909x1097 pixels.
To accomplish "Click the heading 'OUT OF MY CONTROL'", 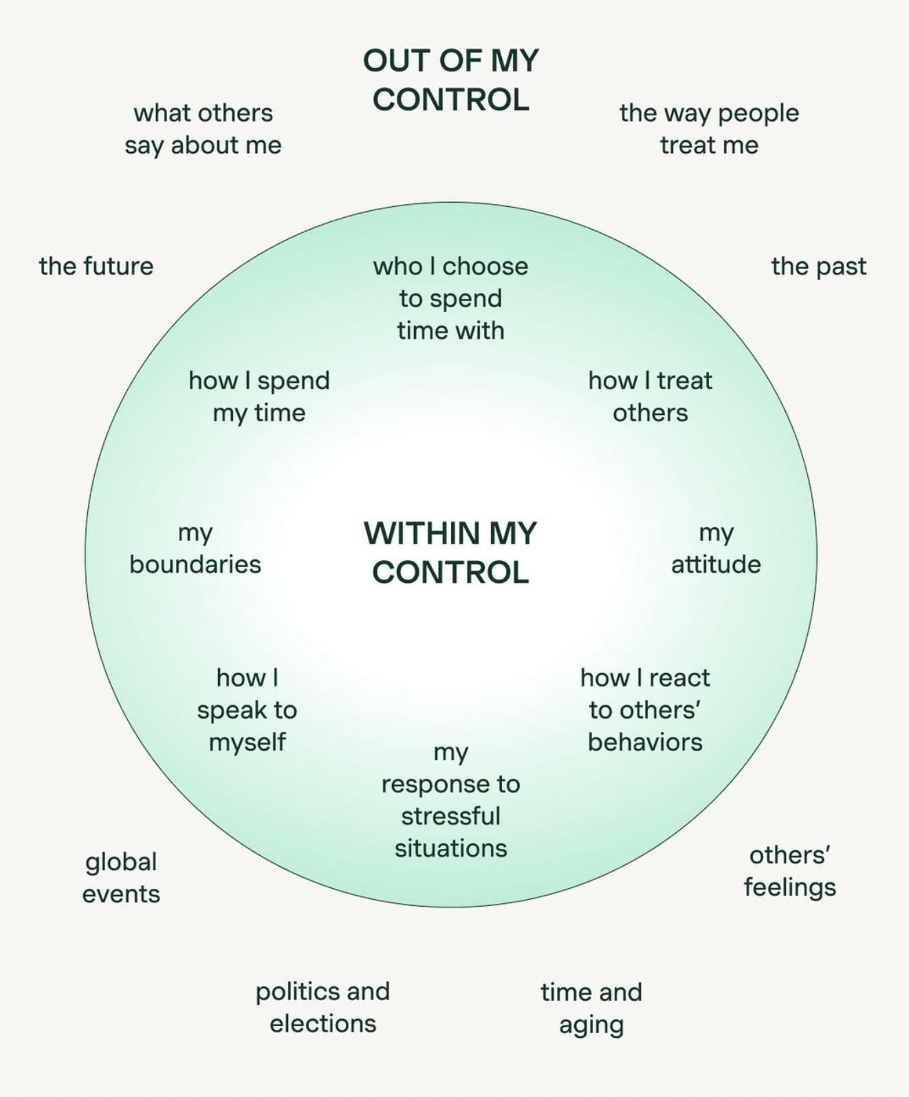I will tap(451, 80).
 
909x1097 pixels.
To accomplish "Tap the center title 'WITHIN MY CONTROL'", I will tap(450, 553).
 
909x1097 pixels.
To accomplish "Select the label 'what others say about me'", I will tap(203, 129).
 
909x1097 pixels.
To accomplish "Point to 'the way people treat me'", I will tap(709, 129).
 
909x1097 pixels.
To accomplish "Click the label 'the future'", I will tap(96, 266).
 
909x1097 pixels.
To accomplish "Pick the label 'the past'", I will tap(818, 266).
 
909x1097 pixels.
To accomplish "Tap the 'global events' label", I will tap(121, 878).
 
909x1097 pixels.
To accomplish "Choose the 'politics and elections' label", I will tap(322, 1007).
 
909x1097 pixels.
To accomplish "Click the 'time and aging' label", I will tap(591, 1008).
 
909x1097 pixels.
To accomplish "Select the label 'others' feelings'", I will tap(789, 871).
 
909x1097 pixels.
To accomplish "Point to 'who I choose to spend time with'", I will tap(450, 298).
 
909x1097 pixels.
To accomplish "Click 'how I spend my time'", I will tap(259, 397).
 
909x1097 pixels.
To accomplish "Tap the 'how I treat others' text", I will tap(650, 397).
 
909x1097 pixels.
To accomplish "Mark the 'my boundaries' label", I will tap(195, 548).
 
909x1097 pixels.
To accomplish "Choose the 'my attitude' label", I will tap(716, 548).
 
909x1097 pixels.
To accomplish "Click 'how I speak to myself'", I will tap(247, 709).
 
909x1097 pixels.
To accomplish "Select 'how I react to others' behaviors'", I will tap(645, 709).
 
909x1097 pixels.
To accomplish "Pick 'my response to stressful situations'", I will tap(450, 800).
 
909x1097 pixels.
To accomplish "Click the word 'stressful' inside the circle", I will tap(450, 817).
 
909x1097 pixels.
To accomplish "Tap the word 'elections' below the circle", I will tap(322, 1023).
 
